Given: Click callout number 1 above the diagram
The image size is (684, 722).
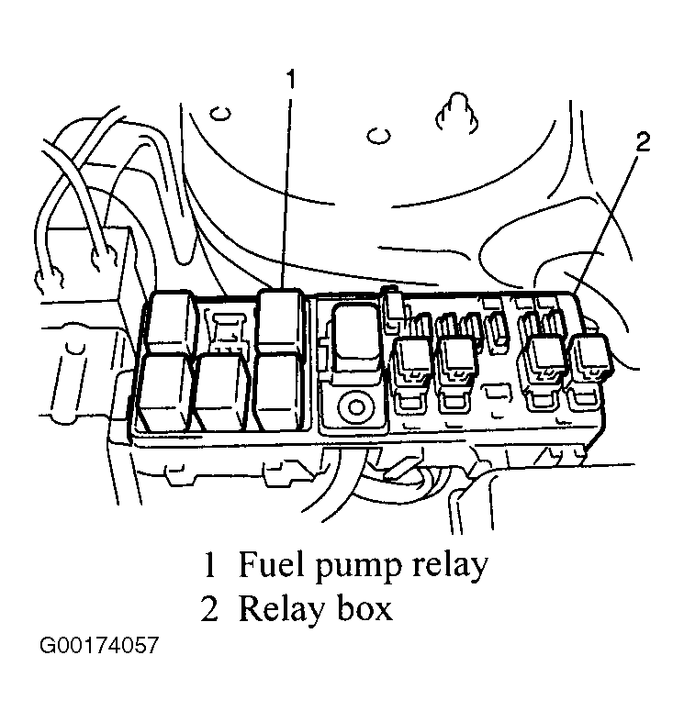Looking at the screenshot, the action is (x=290, y=79).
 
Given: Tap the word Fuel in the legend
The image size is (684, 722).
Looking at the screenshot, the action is (x=272, y=564).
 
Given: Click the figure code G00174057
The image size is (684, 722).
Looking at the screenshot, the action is (x=99, y=645).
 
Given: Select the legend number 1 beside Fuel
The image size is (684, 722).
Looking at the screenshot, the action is (x=209, y=564).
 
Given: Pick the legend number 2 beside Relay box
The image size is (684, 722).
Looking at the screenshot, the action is (x=209, y=608).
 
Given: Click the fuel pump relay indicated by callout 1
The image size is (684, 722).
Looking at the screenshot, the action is (x=281, y=321).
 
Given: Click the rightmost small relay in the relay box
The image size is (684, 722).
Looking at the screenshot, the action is (x=589, y=357).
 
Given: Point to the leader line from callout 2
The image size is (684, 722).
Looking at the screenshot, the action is (x=608, y=222).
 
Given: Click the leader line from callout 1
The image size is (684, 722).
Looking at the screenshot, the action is (x=286, y=193).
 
